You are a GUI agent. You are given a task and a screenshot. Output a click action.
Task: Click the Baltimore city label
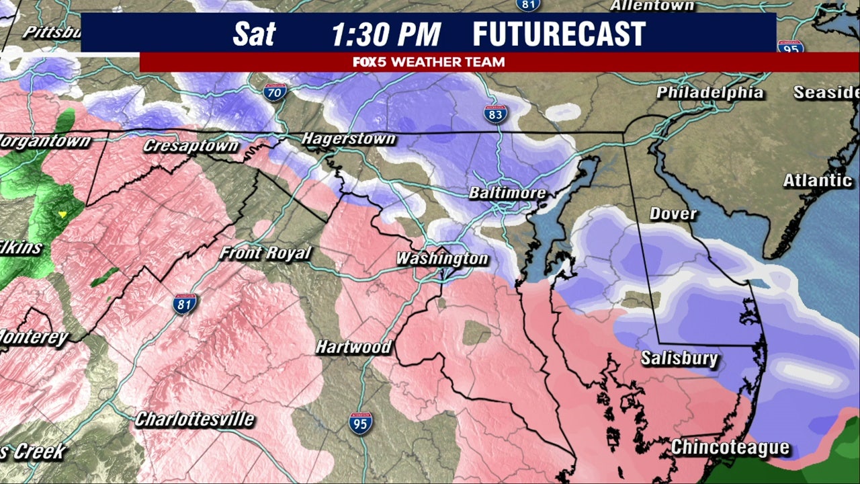507,193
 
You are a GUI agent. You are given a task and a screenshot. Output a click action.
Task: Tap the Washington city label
441,258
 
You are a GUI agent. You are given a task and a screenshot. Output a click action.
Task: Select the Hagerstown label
348,139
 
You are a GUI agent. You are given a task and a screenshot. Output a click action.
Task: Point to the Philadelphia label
709,92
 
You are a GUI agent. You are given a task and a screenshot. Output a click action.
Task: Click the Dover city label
673,214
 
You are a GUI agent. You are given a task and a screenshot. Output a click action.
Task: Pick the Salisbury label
679,358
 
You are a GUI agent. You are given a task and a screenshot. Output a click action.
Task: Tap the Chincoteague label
730,447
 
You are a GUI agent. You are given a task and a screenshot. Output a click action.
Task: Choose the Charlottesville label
195,419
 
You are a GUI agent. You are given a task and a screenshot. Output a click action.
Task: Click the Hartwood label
353,347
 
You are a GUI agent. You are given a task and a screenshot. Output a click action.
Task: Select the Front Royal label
266,253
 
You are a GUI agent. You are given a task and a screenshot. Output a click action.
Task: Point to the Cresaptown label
191,145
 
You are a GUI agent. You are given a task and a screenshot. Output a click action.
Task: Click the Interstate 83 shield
495,114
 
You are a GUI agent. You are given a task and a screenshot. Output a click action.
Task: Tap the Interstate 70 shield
275,92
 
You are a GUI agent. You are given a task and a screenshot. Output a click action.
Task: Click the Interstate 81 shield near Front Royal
185,304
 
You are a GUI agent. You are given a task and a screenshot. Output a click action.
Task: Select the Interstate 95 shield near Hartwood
361,423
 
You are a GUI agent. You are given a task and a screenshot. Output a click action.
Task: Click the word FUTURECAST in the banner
558,34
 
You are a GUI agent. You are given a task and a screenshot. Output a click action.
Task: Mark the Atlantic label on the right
817,180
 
